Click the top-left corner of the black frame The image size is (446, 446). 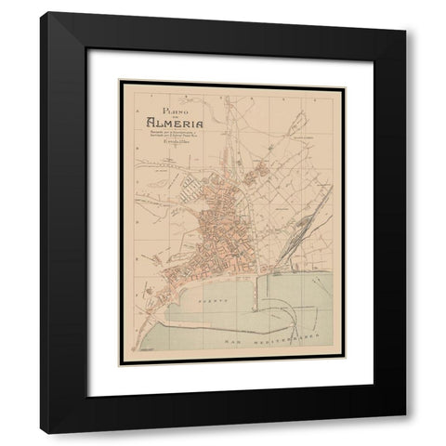[43, 14]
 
